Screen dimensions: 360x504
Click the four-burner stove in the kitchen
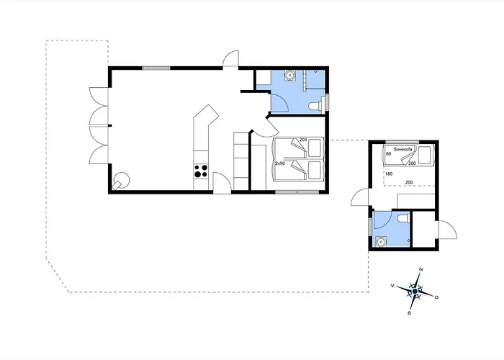tap(201, 171)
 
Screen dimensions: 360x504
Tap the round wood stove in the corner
tap(122, 179)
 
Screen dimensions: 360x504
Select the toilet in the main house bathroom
tap(315, 106)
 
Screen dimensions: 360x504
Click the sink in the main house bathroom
tap(289, 75)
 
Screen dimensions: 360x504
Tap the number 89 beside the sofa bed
tap(389, 154)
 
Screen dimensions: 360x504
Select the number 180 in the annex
tap(389, 174)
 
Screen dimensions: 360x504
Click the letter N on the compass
tap(420, 270)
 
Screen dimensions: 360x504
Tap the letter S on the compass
tap(409, 313)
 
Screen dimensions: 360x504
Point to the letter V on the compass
tap(392, 286)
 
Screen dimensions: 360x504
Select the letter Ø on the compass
tap(437, 297)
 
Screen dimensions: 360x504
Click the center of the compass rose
tap(415, 291)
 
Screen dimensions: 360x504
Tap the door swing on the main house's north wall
tap(230, 59)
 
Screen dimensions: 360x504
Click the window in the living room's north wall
tap(156, 68)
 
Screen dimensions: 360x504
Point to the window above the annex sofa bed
tap(401, 142)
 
